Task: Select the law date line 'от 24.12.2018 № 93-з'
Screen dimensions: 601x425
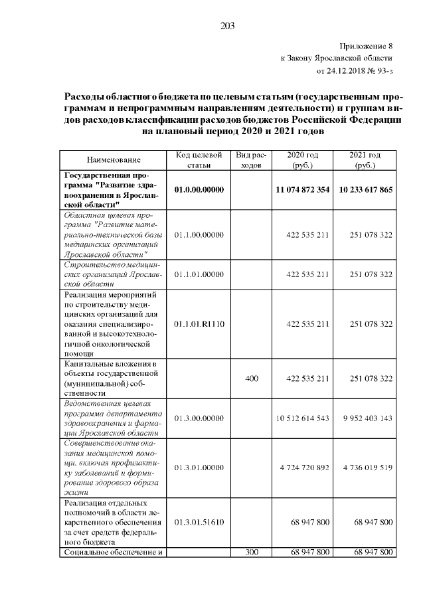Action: click(x=355, y=70)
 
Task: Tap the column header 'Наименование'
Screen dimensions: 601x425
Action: click(x=114, y=160)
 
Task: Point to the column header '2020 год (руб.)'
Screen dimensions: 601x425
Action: click(x=302, y=159)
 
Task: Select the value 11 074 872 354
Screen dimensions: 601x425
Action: click(x=302, y=189)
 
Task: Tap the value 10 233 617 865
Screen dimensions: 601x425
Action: click(x=365, y=189)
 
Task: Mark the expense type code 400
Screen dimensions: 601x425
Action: click(x=251, y=379)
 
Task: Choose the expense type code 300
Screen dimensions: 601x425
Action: click(x=251, y=553)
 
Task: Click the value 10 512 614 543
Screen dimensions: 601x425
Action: click(x=302, y=418)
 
